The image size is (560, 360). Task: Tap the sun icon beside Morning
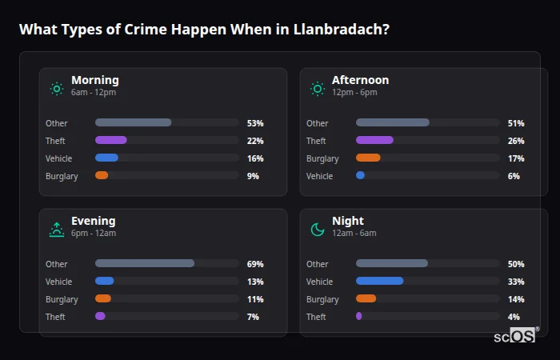click(x=56, y=88)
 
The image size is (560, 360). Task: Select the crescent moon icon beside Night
click(x=318, y=230)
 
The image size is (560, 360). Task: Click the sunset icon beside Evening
click(x=56, y=230)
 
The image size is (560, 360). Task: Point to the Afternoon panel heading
click(x=360, y=80)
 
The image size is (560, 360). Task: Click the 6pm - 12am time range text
click(x=94, y=234)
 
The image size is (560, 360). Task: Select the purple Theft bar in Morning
click(x=111, y=141)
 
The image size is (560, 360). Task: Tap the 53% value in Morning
click(x=255, y=123)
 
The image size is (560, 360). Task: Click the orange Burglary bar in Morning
click(x=102, y=176)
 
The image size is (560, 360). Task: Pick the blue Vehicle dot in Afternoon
click(x=360, y=176)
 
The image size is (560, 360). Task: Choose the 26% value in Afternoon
click(x=516, y=141)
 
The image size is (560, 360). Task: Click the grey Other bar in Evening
click(x=145, y=264)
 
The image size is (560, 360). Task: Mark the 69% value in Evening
click(x=255, y=264)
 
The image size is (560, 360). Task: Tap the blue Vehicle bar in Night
click(x=379, y=282)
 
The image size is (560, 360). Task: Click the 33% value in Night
click(x=516, y=282)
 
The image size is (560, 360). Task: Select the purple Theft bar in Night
click(x=359, y=317)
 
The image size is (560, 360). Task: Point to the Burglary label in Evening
click(x=62, y=299)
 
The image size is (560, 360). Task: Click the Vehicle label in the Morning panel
click(x=59, y=158)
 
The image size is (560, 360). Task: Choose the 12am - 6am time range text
click(x=354, y=234)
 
